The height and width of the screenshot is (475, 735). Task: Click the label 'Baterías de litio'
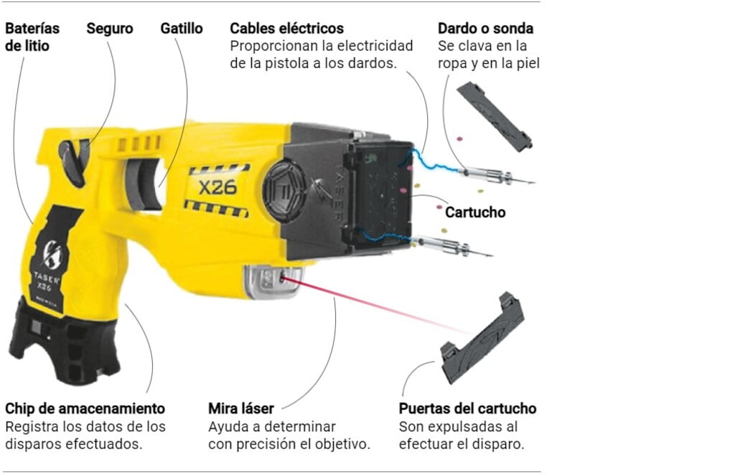pos(32,37)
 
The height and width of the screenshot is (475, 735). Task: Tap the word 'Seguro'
pos(110,29)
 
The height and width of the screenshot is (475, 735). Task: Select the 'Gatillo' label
pos(182,29)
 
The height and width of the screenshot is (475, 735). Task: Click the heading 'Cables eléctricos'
pos(286,29)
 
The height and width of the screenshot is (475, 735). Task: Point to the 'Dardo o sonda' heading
pos(485,29)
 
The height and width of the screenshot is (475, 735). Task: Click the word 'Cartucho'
pos(475,212)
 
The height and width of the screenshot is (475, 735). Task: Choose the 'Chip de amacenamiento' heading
pos(85,408)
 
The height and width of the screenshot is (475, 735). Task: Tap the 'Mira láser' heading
pos(241,408)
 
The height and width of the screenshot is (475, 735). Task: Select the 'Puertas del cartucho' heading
pos(467,408)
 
